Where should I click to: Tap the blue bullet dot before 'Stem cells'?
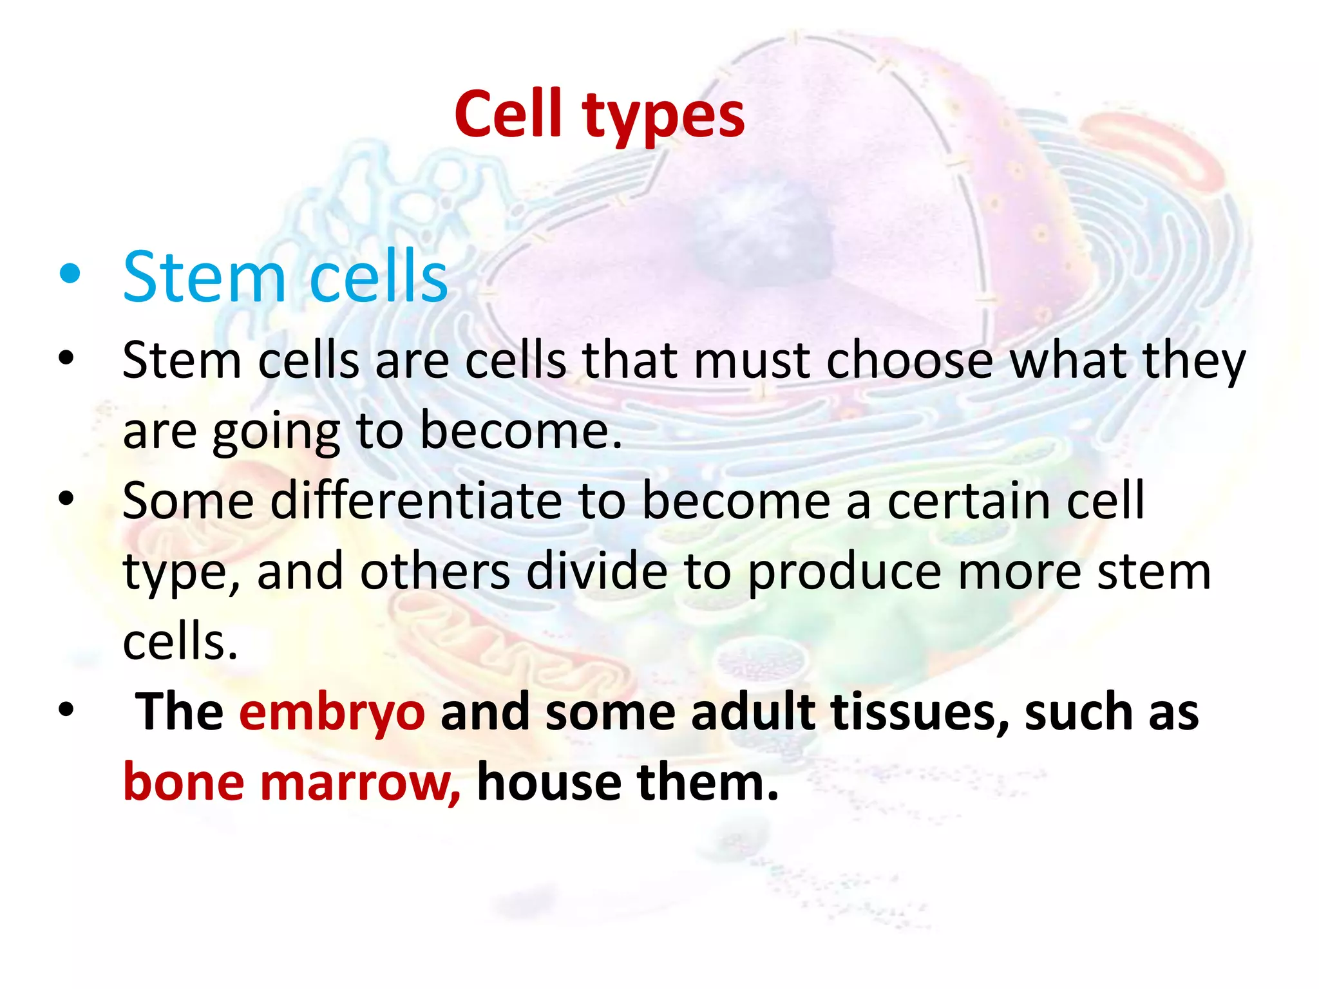pos(69,275)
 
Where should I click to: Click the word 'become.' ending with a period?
pos(521,430)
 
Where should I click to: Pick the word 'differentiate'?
pos(415,500)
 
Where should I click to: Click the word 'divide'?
pos(596,571)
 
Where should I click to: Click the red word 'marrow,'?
pos(360,783)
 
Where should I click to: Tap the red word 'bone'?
pos(184,783)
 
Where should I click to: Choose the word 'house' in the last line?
pos(549,783)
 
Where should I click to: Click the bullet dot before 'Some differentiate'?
pos(66,498)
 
